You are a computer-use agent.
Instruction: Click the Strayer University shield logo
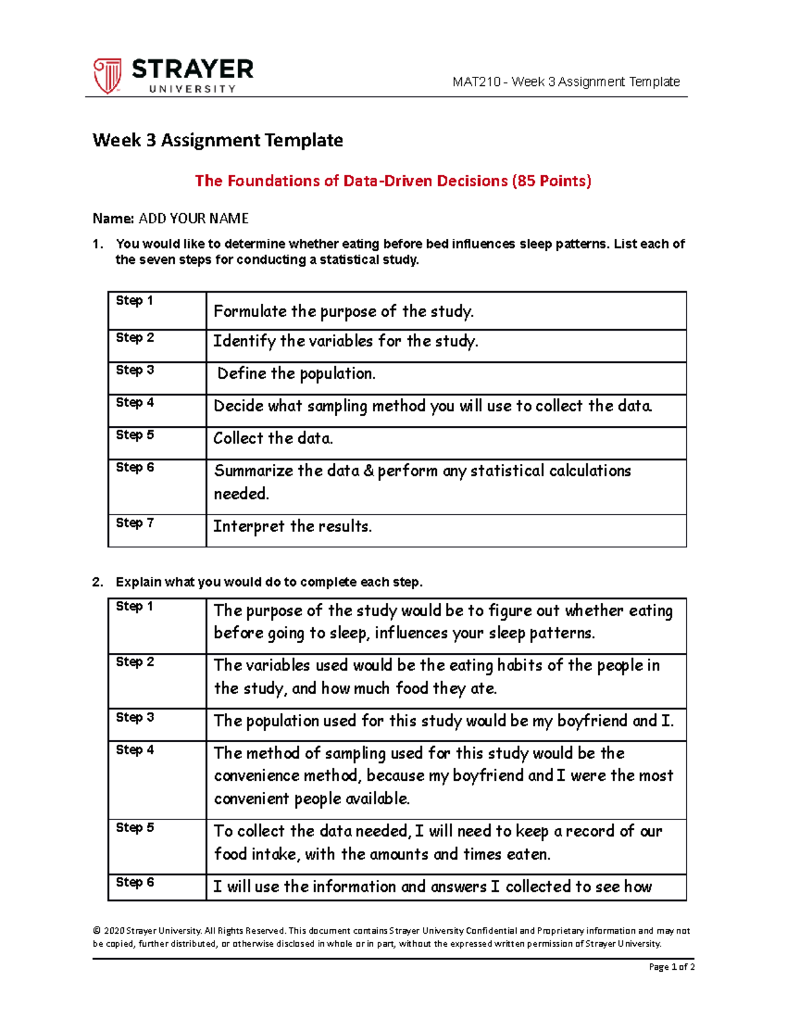tap(107, 75)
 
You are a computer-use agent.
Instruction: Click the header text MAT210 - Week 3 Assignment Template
tap(565, 82)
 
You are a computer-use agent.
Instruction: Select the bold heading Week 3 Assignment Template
tap(218, 140)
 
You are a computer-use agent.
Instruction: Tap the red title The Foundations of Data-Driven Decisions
tap(392, 181)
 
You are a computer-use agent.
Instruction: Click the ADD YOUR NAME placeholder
tap(193, 218)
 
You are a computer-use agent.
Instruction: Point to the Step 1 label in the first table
tap(134, 301)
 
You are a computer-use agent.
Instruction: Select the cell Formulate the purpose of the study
tap(344, 312)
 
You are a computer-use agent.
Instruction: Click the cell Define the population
tap(296, 374)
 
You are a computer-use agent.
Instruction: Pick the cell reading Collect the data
tap(273, 438)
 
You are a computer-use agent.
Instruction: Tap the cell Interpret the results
tap(293, 526)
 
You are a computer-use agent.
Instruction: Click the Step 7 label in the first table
tap(134, 523)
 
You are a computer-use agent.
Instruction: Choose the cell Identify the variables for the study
tap(346, 341)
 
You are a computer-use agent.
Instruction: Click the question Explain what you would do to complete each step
tap(269, 582)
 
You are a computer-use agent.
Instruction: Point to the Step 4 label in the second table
tap(134, 750)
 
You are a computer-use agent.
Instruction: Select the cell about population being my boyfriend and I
tap(443, 721)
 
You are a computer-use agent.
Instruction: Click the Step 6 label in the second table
tap(134, 883)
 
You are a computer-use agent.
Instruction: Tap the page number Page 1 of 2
tap(671, 967)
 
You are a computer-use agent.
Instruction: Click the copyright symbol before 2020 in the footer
tap(96, 931)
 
